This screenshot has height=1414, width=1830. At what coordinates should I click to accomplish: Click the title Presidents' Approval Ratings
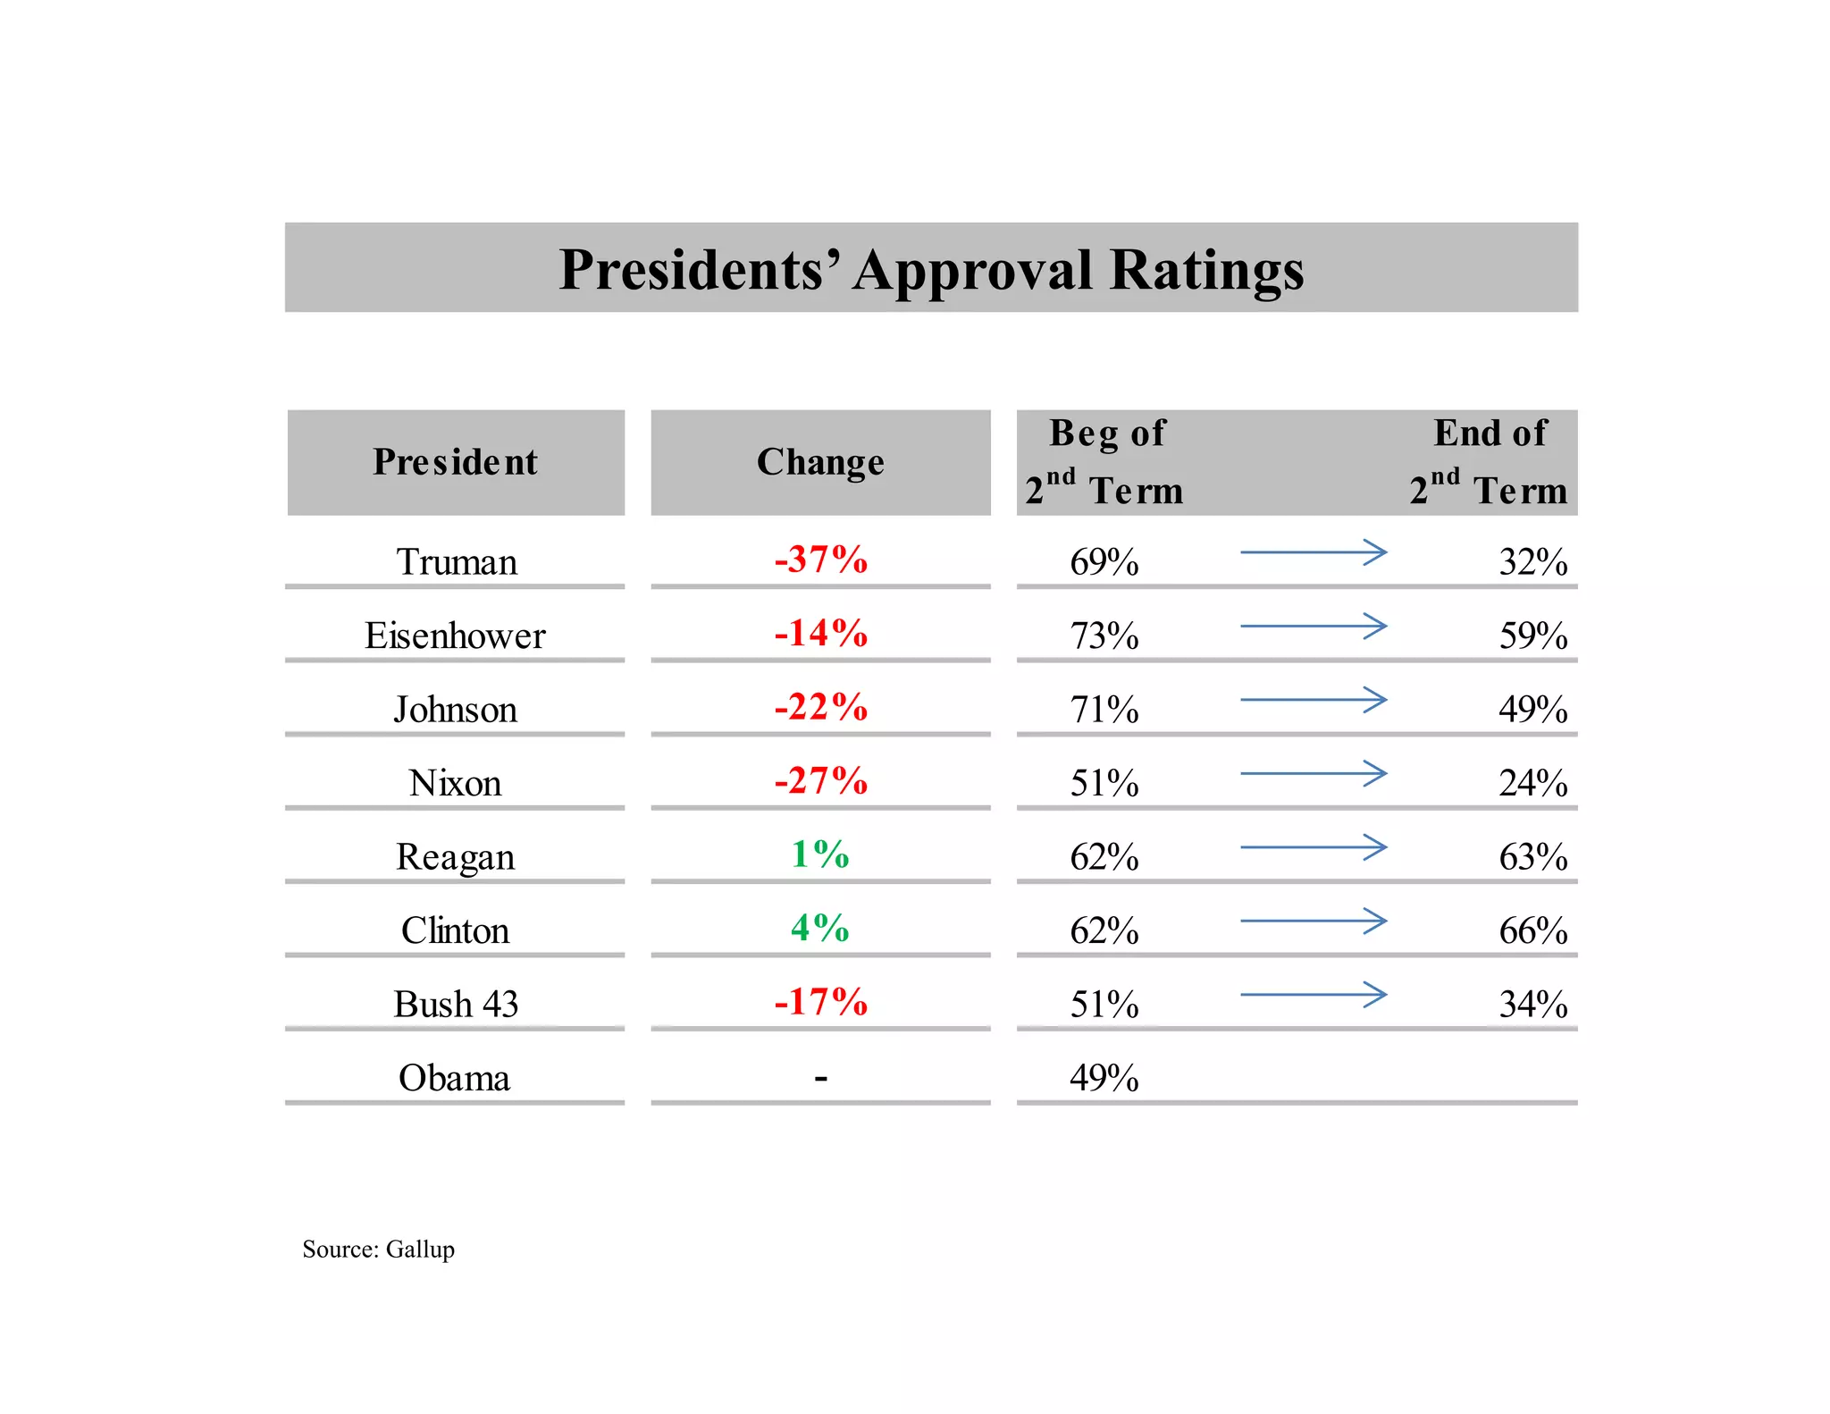(x=931, y=269)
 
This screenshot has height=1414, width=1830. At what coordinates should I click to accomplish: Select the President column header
(x=455, y=462)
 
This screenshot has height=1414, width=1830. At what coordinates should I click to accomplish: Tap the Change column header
(x=820, y=462)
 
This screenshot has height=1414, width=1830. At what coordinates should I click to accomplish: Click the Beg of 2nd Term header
(x=1105, y=462)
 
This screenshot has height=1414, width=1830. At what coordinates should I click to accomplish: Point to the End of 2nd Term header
(x=1489, y=462)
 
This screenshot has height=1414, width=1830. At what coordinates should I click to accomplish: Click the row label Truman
(x=456, y=562)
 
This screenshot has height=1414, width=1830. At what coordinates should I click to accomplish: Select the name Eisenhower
(x=455, y=635)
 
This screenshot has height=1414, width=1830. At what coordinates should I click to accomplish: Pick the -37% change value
(x=820, y=560)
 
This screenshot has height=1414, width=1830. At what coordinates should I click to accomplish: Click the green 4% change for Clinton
(x=819, y=928)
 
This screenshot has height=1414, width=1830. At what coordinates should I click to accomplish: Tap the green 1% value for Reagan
(x=819, y=854)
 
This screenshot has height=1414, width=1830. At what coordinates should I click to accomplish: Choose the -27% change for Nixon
(x=820, y=780)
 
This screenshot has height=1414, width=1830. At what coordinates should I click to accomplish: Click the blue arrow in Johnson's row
(x=1314, y=700)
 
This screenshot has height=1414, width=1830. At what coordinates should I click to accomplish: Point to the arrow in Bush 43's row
(x=1314, y=994)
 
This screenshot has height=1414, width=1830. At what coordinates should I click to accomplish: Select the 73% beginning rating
(x=1104, y=635)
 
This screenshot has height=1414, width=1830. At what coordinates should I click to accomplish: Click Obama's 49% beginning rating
(x=1104, y=1078)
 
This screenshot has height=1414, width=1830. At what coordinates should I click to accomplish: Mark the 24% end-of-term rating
(x=1532, y=783)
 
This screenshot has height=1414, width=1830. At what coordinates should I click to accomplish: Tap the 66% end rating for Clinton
(x=1532, y=930)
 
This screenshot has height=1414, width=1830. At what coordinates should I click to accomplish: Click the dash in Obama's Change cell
(x=820, y=1079)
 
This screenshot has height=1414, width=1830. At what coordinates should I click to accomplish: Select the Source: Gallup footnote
(x=378, y=1249)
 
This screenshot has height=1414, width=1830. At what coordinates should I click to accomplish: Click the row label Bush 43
(x=456, y=1004)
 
